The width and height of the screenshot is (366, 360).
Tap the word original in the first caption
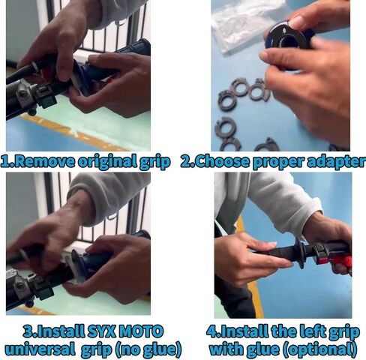(x=107, y=163)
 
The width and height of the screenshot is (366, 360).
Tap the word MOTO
(x=140, y=331)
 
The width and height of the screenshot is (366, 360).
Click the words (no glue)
(x=148, y=349)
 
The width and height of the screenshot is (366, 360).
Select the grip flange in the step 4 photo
(x=299, y=252)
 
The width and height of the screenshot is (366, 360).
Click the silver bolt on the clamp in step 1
(x=23, y=94)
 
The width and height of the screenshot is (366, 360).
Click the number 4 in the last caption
(x=212, y=331)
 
